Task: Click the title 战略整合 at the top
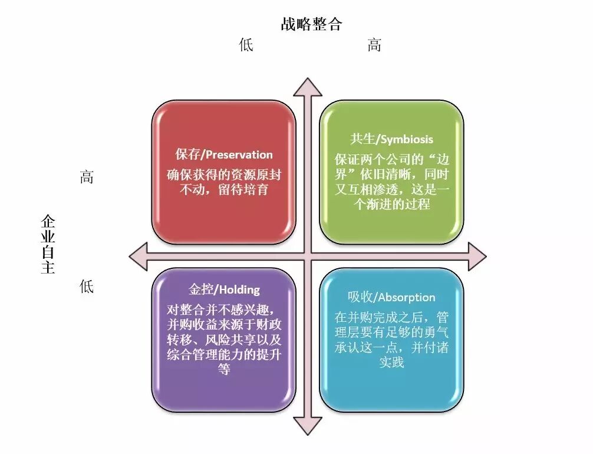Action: click(x=311, y=24)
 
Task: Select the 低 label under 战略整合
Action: click(x=246, y=45)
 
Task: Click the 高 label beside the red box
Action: click(x=87, y=177)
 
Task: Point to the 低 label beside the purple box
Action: click(x=87, y=287)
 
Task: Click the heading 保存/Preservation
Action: click(x=224, y=154)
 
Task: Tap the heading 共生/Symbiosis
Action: click(x=391, y=139)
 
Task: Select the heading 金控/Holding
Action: click(x=224, y=289)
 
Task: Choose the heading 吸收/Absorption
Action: click(x=391, y=297)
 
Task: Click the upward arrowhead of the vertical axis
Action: click(x=308, y=87)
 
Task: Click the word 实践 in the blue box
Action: click(x=391, y=363)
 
